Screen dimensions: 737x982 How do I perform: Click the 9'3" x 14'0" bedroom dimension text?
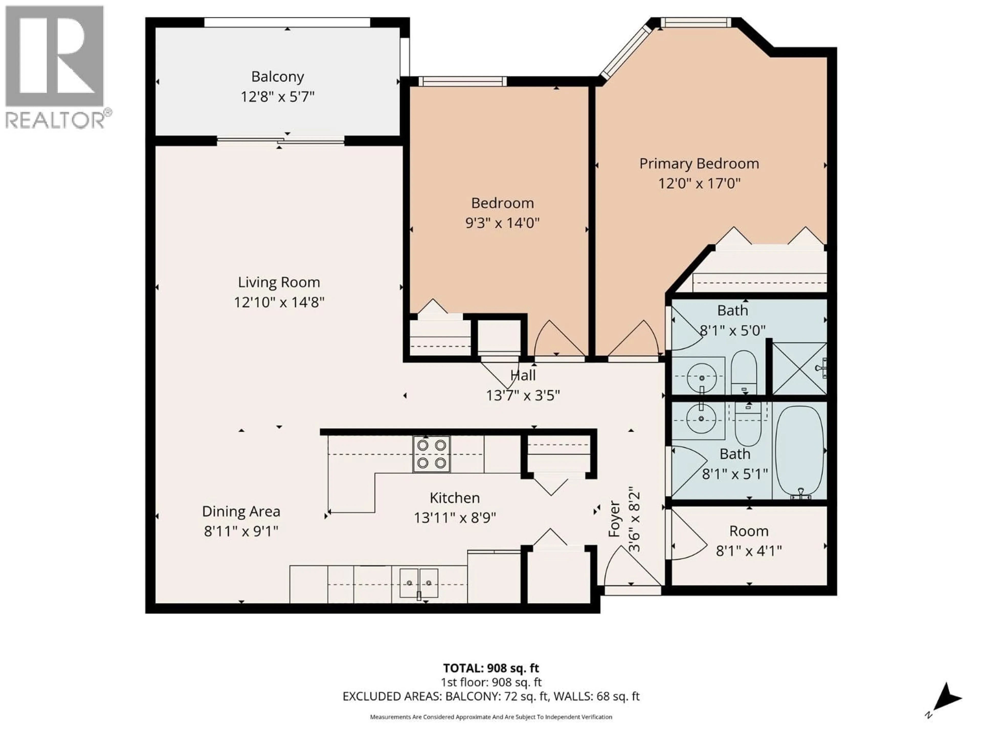(x=502, y=223)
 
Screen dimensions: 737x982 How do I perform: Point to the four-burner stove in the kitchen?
(x=431, y=453)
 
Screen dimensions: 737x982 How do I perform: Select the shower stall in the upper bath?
(x=799, y=368)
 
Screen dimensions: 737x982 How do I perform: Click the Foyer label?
(x=614, y=519)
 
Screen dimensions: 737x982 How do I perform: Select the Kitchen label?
(x=455, y=498)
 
